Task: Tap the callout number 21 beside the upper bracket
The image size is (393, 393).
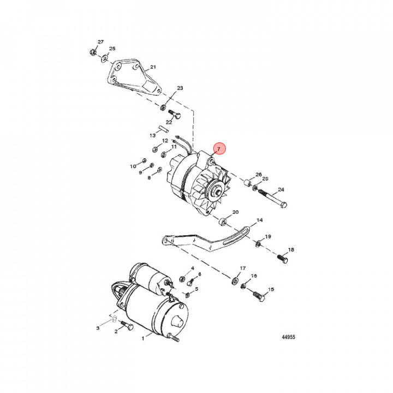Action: click(x=153, y=68)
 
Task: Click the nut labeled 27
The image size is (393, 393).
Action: click(x=93, y=53)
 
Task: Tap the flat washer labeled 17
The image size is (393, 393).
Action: click(x=234, y=281)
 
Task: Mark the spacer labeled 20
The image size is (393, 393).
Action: click(x=223, y=222)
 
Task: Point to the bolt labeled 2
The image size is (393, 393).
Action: click(x=127, y=326)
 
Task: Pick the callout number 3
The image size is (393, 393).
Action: click(x=98, y=328)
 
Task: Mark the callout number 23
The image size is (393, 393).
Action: click(x=180, y=88)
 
